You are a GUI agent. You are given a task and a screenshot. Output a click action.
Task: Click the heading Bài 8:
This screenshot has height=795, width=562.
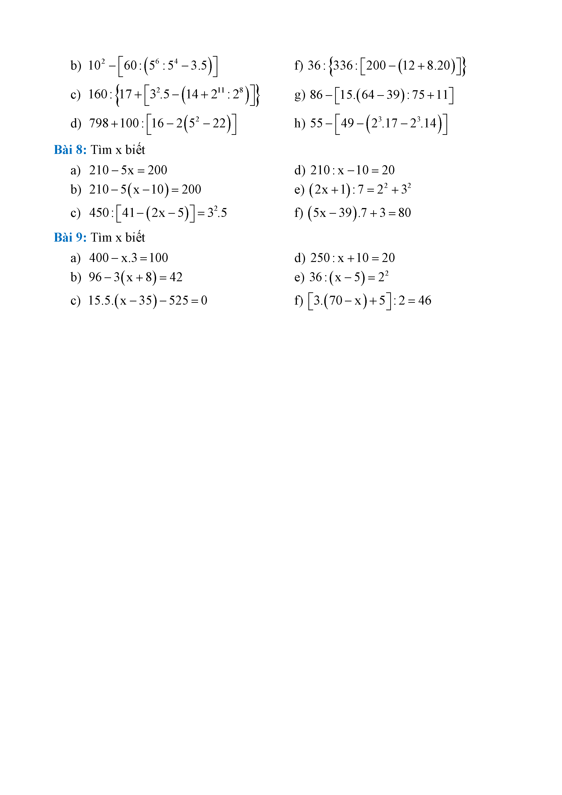(70, 150)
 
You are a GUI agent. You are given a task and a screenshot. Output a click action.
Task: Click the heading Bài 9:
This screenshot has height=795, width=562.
(70, 237)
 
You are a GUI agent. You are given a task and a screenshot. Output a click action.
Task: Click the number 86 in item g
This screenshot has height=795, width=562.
(316, 94)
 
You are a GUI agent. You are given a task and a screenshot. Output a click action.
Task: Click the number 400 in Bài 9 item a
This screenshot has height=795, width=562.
(99, 258)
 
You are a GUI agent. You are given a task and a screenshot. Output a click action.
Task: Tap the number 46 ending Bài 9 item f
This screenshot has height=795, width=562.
(424, 300)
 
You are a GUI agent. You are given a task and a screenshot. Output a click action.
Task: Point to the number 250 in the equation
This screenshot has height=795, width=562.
(320, 258)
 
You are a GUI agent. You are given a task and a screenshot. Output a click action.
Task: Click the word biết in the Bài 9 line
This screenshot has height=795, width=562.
(135, 237)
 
